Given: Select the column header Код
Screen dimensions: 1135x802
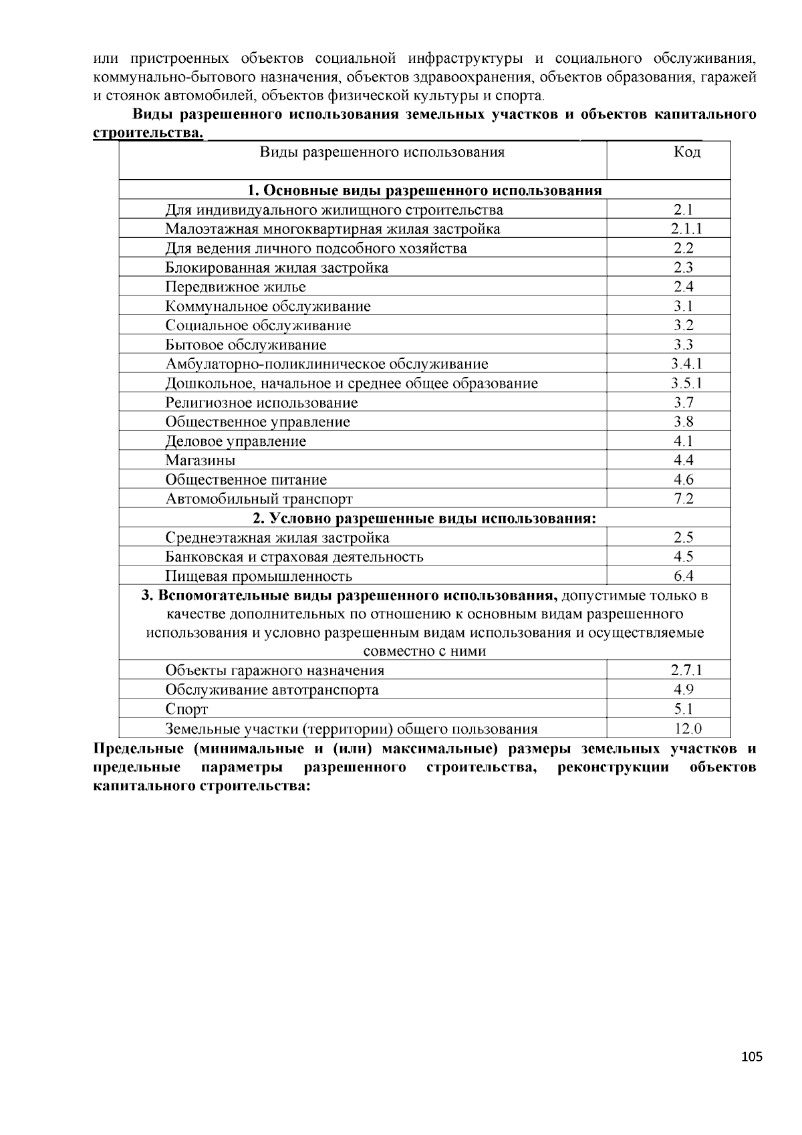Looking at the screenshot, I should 686,152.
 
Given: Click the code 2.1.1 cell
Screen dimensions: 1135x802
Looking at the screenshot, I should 686,229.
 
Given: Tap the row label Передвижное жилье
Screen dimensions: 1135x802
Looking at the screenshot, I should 235,287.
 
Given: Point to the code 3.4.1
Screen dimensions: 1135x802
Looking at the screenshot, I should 686,364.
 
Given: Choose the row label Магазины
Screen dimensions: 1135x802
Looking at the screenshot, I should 200,461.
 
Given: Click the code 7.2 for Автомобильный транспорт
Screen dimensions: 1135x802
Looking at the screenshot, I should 684,499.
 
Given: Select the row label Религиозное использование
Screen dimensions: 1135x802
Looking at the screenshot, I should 261,403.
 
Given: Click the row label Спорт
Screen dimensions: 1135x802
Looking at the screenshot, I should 186,710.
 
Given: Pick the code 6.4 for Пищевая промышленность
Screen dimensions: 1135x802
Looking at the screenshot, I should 684,576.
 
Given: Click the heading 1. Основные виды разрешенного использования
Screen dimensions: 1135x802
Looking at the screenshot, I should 424,191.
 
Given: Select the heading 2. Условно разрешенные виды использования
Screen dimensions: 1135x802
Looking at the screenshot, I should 424,519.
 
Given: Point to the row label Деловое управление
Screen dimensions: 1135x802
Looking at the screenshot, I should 235,442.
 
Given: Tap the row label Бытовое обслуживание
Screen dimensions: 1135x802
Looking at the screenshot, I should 246,346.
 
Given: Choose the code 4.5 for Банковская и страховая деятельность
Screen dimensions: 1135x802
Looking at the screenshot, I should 684,557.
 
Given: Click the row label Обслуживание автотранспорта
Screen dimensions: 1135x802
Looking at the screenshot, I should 272,690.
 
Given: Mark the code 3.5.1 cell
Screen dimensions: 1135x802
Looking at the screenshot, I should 686,384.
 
